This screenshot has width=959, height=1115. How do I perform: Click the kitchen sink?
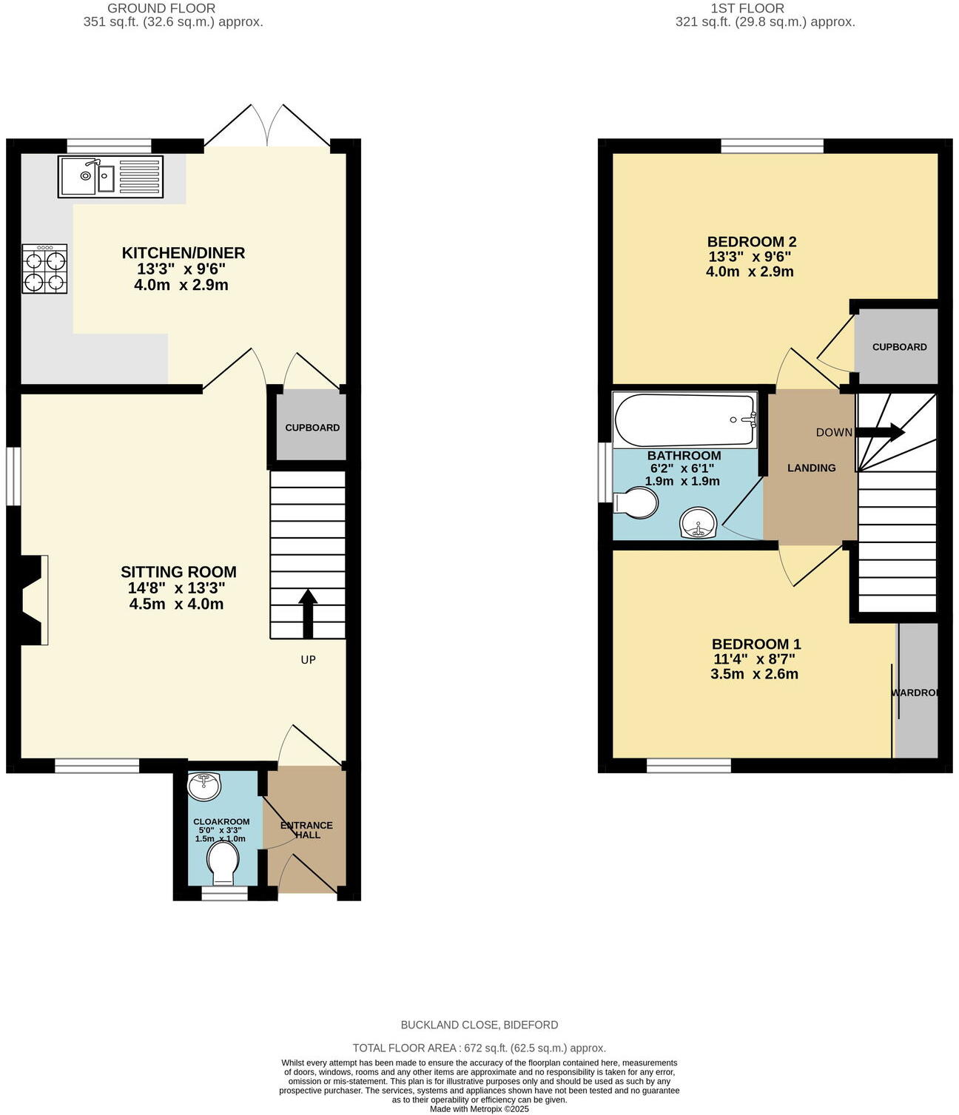coord(110,177)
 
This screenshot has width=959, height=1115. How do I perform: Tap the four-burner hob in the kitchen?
coord(44,269)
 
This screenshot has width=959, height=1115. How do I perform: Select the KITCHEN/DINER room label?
coord(183,254)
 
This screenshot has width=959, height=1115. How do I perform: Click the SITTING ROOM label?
coord(178,572)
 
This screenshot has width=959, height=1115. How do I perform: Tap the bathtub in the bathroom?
coord(684,420)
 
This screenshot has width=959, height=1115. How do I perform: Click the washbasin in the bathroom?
coord(698,523)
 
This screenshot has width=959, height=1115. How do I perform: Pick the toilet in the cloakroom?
coord(223,864)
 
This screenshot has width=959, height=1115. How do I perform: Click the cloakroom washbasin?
coord(203,785)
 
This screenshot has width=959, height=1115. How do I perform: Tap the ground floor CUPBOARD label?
coord(312,428)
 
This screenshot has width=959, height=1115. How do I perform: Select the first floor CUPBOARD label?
coord(899,347)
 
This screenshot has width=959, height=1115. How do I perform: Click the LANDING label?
coord(811,468)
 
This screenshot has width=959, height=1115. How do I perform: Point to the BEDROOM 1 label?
coord(756,644)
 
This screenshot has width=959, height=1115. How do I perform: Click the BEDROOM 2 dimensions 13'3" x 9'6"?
coord(750,257)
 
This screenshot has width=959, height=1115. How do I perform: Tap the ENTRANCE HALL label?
coord(307,830)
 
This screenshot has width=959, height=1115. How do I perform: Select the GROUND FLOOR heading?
coord(161,9)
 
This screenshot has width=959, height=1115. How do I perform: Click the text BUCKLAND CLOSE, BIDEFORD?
coord(479,1025)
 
